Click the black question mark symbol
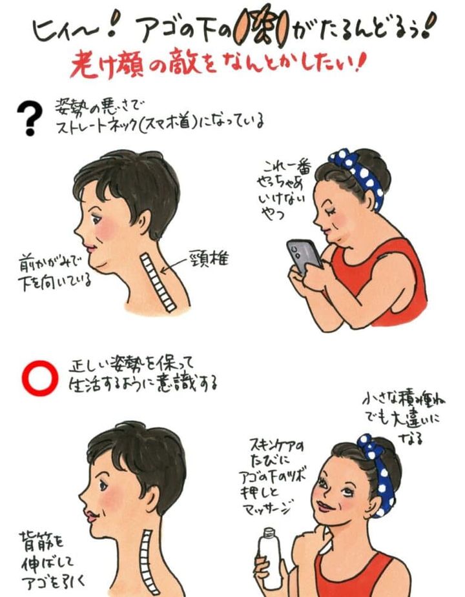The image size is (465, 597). point(29,116)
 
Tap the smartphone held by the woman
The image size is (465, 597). point(304,256)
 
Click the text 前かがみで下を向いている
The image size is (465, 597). point(55,272)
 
